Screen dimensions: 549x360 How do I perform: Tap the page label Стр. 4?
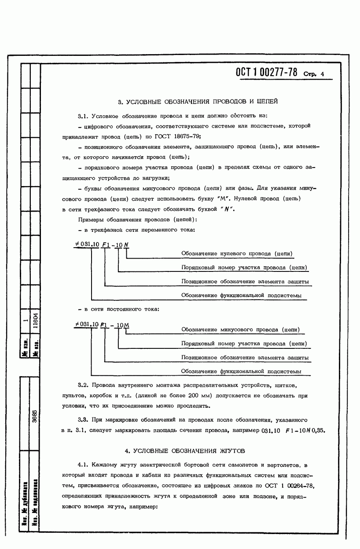313,74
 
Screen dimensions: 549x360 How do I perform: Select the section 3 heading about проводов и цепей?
198,102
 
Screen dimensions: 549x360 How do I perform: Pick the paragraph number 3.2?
83,385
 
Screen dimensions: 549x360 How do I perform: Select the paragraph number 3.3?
83,420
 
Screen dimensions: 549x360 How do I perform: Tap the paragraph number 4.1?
83,465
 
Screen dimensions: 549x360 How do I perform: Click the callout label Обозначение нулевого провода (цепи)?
237,254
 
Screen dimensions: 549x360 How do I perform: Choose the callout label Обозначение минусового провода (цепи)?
241,329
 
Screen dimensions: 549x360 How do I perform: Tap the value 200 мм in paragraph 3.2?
198,395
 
